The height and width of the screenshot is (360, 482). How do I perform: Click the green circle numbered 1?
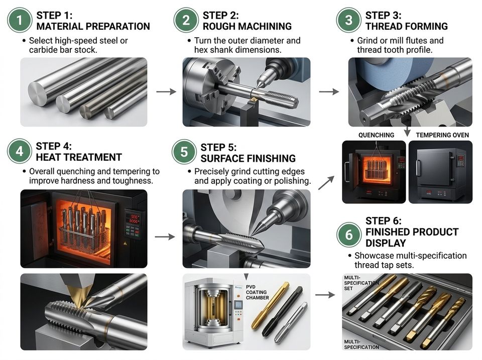(20, 20)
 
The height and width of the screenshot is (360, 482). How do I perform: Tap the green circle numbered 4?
(20, 151)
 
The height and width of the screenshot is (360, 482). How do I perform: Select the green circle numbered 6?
(348, 234)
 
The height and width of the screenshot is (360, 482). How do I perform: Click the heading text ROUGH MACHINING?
(247, 26)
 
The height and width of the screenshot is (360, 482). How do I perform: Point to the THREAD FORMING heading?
(406, 26)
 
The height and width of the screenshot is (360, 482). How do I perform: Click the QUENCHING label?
(376, 135)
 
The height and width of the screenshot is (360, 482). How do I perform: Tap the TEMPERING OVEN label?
(442, 135)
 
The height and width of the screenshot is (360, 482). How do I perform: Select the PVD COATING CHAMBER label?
(257, 292)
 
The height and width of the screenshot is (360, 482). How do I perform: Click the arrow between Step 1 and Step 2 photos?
(166, 91)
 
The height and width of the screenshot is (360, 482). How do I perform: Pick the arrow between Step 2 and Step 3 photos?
(329, 91)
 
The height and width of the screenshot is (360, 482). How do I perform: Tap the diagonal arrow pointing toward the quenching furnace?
(326, 183)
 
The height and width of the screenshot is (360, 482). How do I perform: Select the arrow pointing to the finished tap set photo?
(325, 295)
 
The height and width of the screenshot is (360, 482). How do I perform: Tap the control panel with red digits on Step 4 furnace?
(133, 224)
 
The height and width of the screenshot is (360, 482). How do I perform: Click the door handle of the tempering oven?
(418, 168)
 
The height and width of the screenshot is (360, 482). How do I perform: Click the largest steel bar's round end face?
(38, 94)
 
